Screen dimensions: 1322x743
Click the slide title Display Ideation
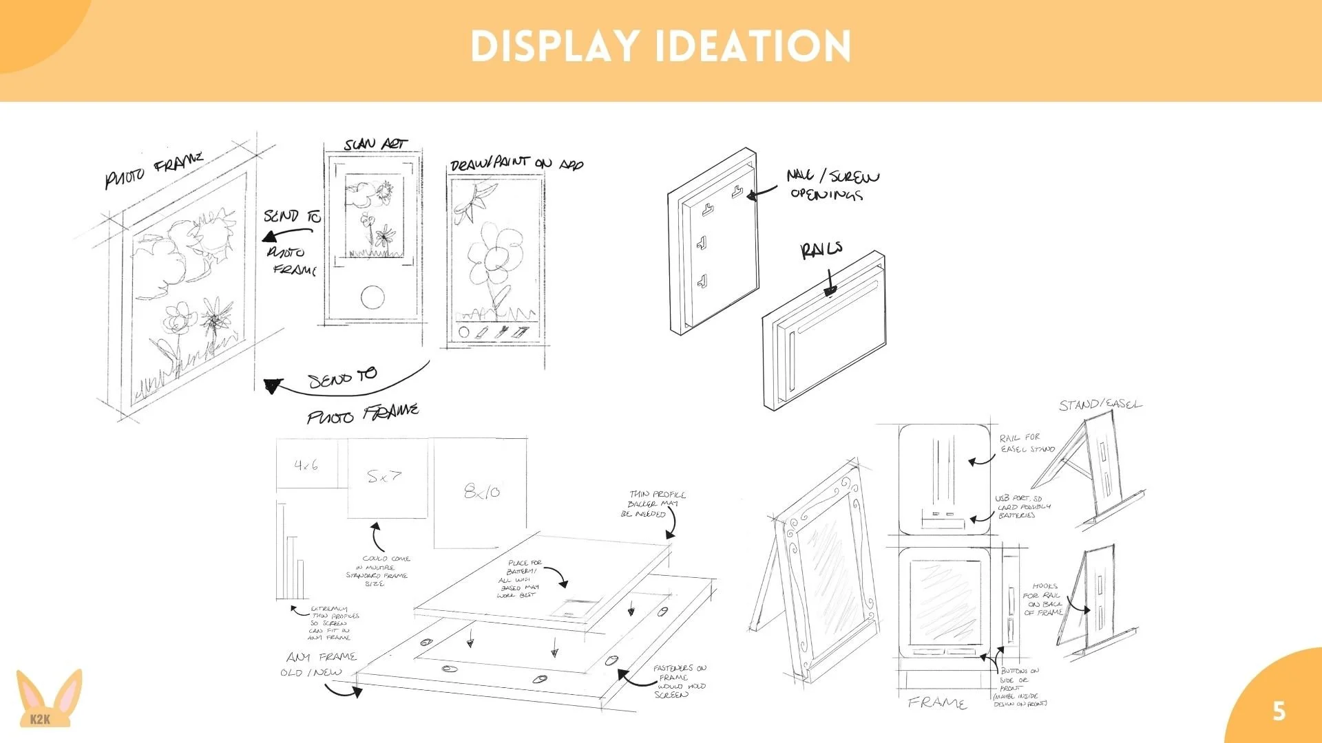(660, 47)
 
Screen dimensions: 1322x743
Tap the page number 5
(1279, 711)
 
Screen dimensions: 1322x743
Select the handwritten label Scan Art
(375, 144)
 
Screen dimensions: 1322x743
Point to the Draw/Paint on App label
(516, 164)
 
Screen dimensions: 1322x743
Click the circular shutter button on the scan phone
(373, 297)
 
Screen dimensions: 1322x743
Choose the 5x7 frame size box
(386, 477)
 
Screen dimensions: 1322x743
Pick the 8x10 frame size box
(481, 491)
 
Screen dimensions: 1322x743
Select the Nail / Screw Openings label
(832, 185)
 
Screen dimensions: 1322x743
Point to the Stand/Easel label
(1100, 405)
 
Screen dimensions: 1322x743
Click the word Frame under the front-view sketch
(937, 702)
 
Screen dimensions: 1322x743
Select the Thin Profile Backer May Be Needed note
(653, 504)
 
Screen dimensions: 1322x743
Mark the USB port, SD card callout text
(1023, 506)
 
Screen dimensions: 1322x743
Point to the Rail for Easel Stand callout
(1027, 443)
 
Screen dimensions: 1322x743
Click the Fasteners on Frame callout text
(678, 681)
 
